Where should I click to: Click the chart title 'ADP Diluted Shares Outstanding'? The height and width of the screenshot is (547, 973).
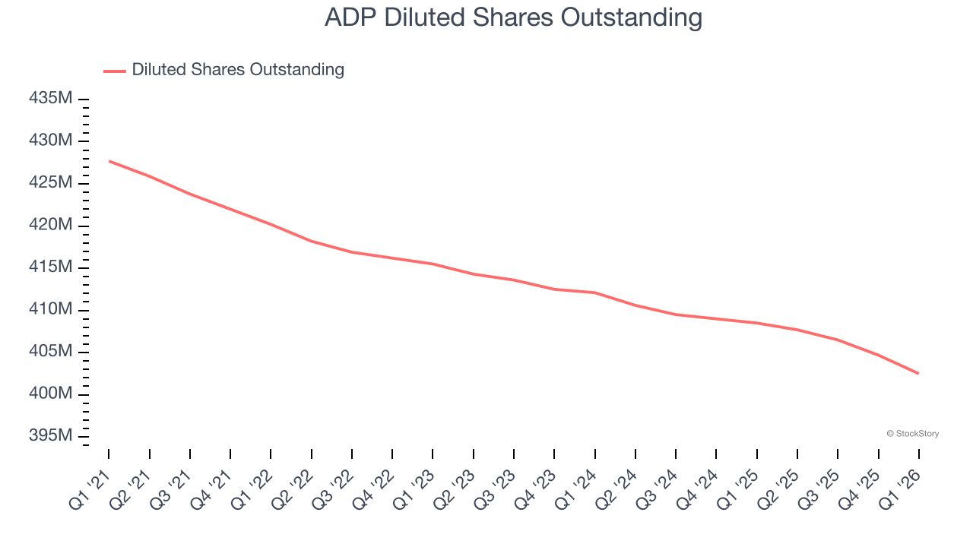(x=513, y=17)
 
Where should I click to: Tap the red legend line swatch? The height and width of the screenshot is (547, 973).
(x=115, y=71)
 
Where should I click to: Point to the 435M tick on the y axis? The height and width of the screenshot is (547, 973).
(x=51, y=99)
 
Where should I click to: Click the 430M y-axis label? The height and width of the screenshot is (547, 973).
(x=51, y=141)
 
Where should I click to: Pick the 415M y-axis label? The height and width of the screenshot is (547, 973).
(x=51, y=267)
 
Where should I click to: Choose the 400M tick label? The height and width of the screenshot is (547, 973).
(x=51, y=394)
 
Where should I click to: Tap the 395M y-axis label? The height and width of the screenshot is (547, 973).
(x=51, y=436)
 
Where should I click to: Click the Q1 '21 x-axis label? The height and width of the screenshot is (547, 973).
(x=90, y=489)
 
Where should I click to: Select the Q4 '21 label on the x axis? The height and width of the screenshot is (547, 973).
(x=211, y=489)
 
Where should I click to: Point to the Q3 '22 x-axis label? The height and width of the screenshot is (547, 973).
(x=333, y=489)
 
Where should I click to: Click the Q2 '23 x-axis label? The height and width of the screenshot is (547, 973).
(x=455, y=489)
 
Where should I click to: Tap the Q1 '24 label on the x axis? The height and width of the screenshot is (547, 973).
(x=576, y=489)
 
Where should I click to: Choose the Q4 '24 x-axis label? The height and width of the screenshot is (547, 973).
(x=698, y=489)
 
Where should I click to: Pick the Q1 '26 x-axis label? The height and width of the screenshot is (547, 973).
(x=900, y=489)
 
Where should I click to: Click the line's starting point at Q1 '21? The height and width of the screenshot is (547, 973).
(x=109, y=161)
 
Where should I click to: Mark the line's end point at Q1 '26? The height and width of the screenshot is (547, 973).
(x=918, y=373)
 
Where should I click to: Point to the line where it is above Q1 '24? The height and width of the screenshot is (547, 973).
(x=594, y=292)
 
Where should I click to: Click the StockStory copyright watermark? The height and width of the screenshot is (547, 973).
(x=912, y=434)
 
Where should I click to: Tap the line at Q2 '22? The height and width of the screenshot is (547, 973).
(x=312, y=241)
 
